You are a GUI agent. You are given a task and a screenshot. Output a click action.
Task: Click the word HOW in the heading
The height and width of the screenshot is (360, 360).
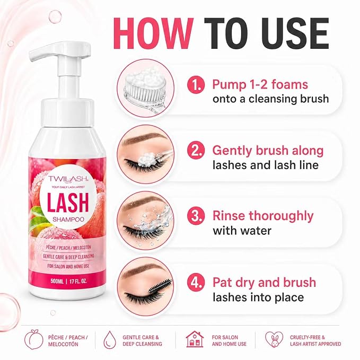[x=153, y=33]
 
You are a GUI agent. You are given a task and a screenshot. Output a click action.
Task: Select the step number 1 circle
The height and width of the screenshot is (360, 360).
[x=196, y=85]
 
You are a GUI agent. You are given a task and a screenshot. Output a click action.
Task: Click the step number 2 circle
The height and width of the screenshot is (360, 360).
[x=196, y=151]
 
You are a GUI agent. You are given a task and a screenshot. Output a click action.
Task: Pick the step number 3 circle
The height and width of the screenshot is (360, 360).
[x=196, y=216]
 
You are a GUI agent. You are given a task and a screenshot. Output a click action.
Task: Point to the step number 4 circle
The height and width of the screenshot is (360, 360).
[x=196, y=283]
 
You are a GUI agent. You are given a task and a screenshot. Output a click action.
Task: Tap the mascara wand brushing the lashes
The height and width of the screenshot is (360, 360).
[x=161, y=285]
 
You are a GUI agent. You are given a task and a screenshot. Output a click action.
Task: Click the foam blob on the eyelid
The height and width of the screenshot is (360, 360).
[x=147, y=158]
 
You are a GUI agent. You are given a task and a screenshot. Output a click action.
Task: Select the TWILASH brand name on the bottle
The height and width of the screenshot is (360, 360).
[x=68, y=179]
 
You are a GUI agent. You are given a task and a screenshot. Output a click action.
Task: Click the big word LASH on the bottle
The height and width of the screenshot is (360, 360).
[x=68, y=203]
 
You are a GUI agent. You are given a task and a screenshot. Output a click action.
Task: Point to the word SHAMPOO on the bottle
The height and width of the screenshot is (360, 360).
[x=68, y=219]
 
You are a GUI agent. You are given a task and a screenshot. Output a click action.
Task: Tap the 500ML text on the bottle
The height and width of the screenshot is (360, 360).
[x=57, y=281]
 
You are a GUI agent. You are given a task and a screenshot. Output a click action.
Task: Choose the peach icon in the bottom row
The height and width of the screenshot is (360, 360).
[x=33, y=339]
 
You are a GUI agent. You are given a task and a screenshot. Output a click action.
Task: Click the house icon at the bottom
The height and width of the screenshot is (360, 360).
[x=195, y=339]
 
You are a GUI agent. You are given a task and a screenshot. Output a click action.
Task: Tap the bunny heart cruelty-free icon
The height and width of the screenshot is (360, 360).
[x=274, y=339]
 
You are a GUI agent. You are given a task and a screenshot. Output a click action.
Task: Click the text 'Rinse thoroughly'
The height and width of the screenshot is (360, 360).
[x=263, y=216]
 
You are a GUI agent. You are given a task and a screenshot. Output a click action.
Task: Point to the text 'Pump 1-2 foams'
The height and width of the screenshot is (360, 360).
[x=260, y=84]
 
